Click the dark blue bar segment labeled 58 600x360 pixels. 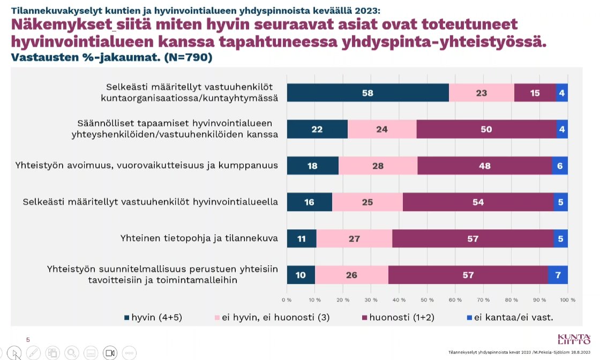point(367,93)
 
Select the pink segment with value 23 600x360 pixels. point(481,93)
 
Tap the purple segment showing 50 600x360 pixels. point(486,129)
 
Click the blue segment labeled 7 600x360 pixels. point(558,274)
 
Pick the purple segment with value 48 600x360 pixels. point(484,166)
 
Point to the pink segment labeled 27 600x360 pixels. point(354,238)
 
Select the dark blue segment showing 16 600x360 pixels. point(309,202)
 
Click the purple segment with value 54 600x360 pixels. point(478,202)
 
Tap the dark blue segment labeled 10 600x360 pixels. point(301,274)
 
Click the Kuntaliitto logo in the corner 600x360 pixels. point(574,339)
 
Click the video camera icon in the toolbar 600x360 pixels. point(110,352)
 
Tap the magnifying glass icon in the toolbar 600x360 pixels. point(71,352)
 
